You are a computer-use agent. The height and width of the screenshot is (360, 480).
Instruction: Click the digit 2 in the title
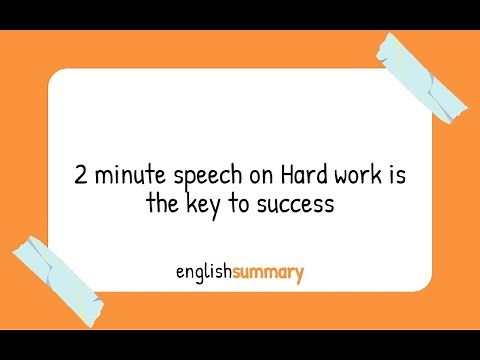click(81, 176)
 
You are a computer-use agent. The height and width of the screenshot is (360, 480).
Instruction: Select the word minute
click(125, 176)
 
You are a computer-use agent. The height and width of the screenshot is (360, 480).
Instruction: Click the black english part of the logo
click(203, 272)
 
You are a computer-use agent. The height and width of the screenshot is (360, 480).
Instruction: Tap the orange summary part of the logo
click(267, 272)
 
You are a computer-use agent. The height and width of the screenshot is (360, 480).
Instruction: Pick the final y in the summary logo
click(298, 274)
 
